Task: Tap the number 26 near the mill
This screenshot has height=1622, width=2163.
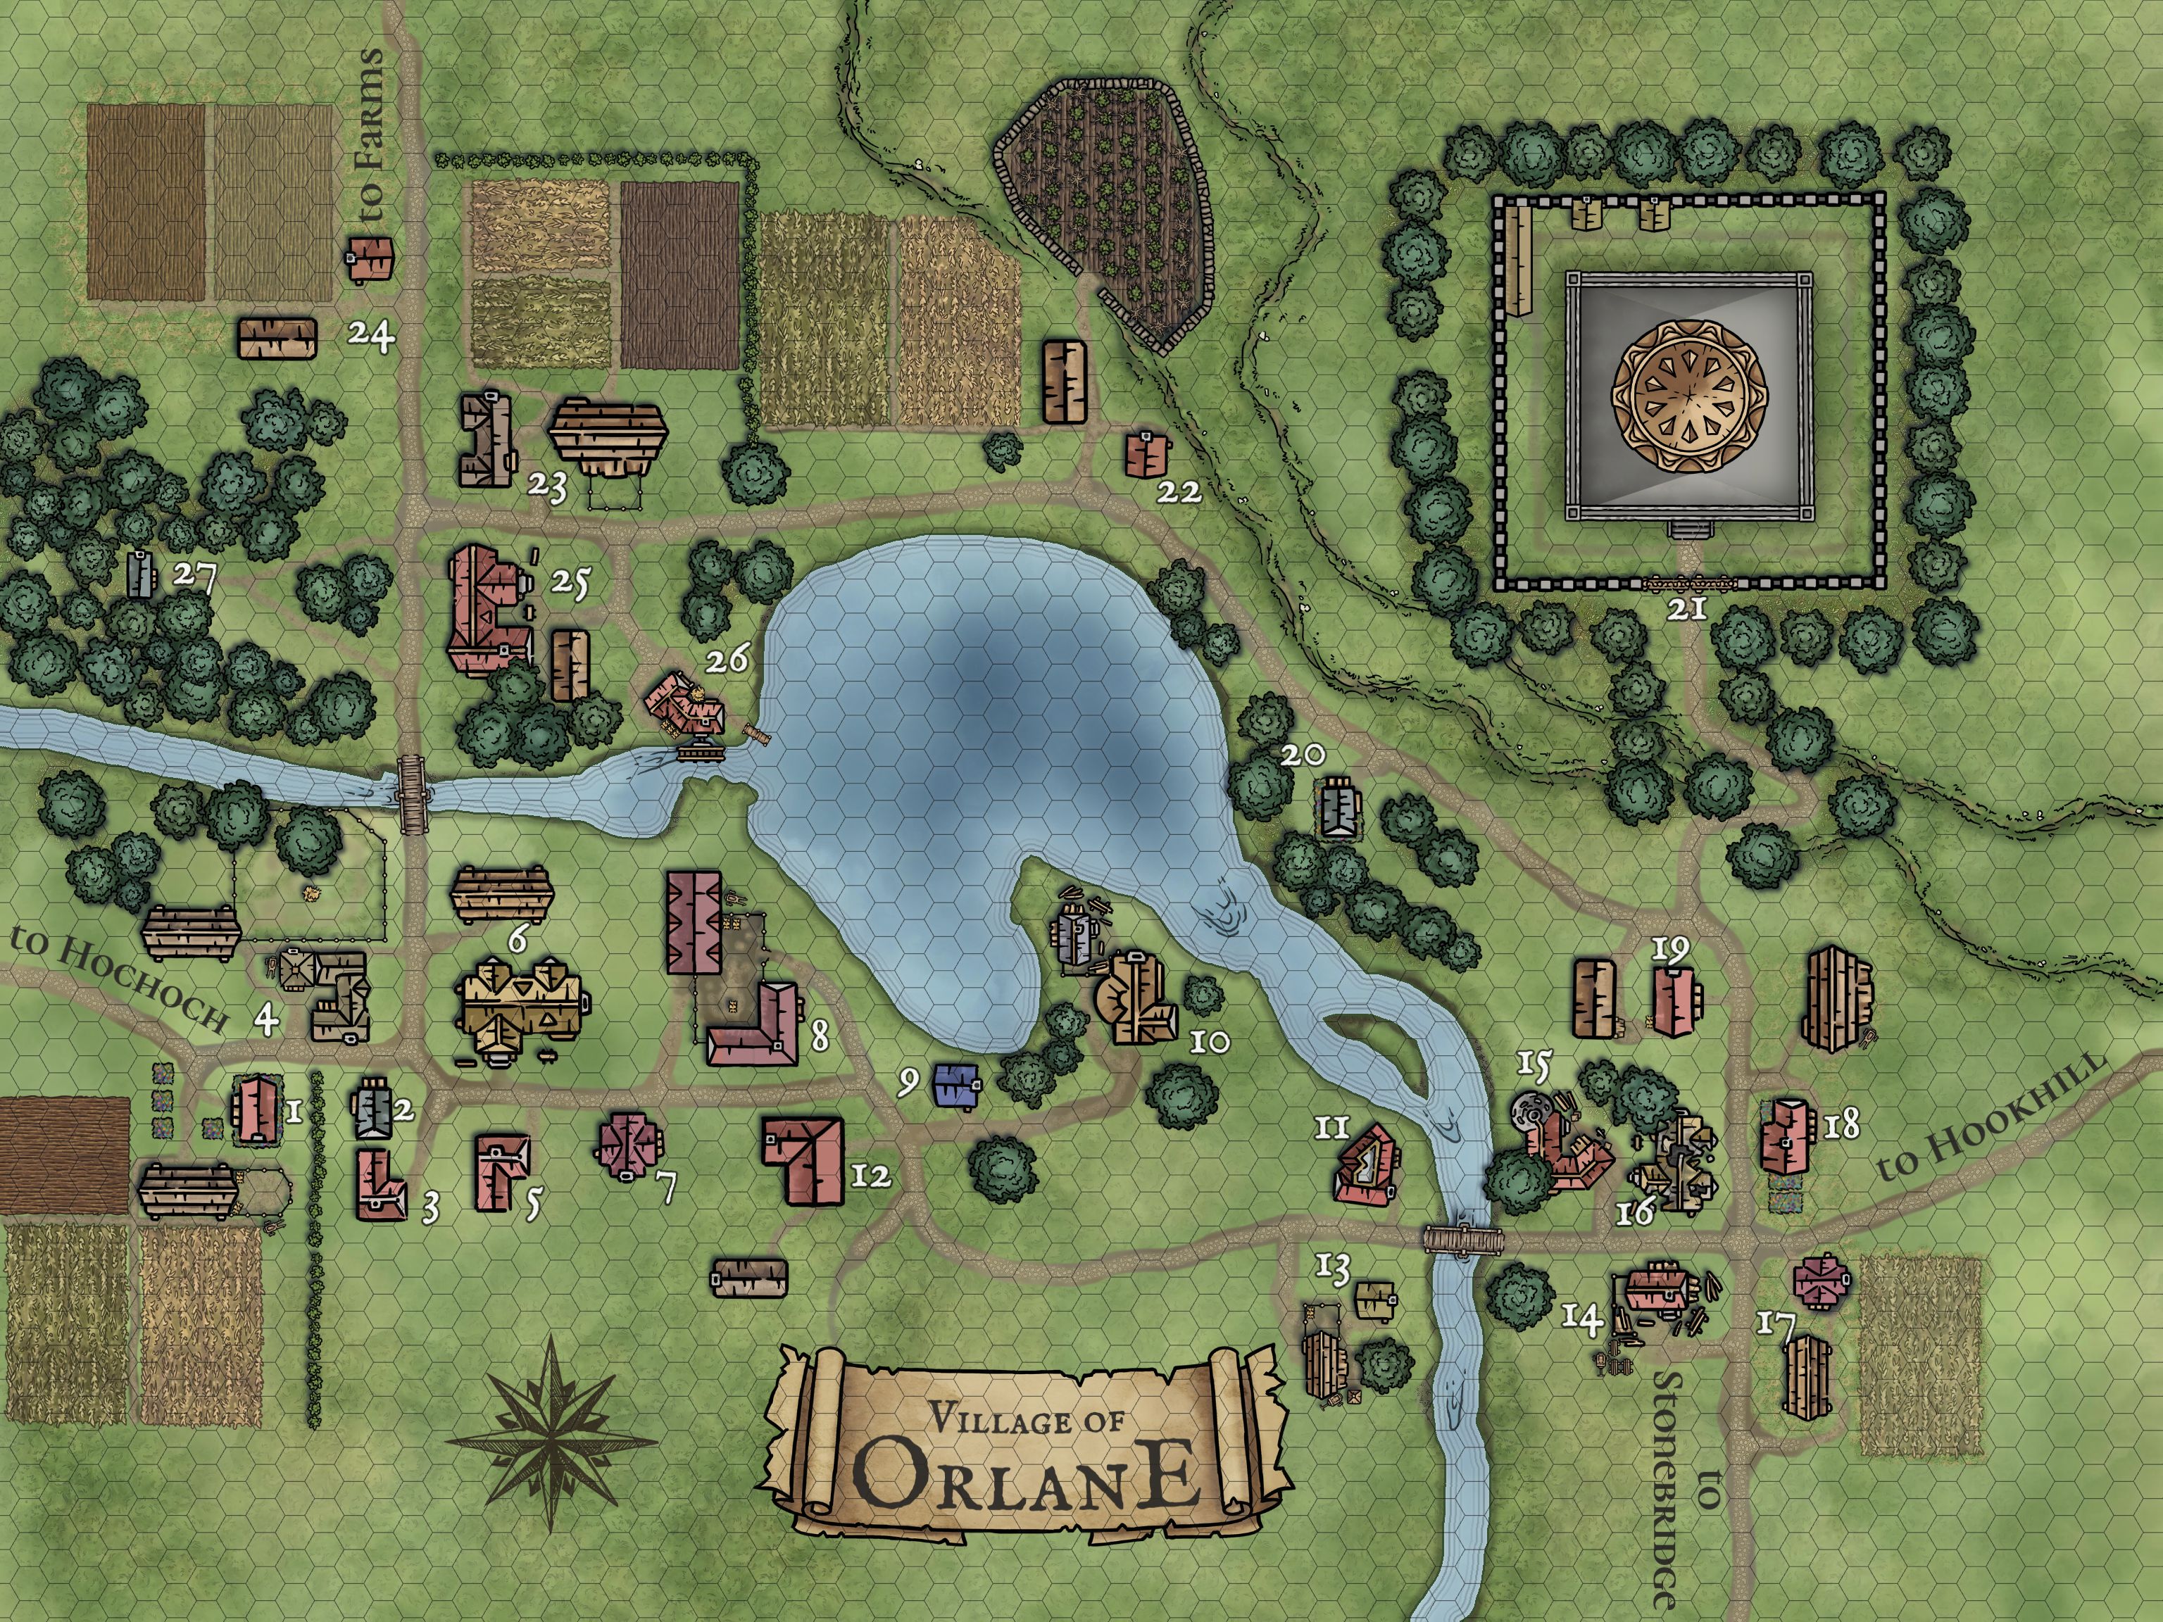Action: (x=729, y=659)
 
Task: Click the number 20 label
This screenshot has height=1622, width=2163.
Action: (x=1303, y=755)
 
